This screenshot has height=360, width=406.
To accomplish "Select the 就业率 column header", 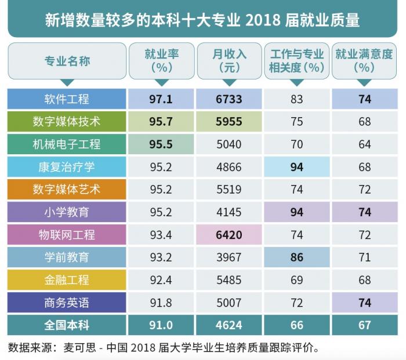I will coord(161,60).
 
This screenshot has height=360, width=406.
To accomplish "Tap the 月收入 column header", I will coord(229,60).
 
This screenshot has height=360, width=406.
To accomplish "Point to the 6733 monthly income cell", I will coord(229,99).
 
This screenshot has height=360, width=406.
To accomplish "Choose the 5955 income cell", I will coord(229,122).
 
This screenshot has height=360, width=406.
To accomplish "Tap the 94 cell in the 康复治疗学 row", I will coord(297,167).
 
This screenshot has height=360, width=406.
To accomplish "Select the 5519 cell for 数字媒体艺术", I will coord(229,190).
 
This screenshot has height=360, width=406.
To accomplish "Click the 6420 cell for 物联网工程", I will coord(229,235).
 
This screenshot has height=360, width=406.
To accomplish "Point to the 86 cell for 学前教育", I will coord(297,257).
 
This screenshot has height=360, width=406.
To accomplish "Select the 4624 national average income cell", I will coord(229,325).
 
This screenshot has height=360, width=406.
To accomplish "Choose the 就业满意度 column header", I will coord(364,60).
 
